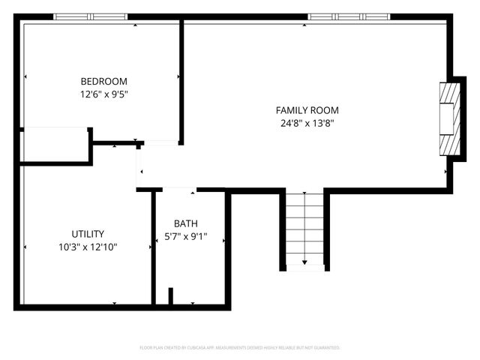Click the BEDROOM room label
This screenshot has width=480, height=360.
(103, 81)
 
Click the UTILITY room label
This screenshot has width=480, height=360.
(88, 233)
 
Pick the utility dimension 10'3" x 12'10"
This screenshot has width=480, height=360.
(88, 246)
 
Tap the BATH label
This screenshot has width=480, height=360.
(186, 223)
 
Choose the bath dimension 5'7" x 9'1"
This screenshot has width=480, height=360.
(186, 236)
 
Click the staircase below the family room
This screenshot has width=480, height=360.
(304, 225)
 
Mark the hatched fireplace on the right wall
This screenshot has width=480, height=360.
(448, 118)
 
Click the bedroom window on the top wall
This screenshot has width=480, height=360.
(90, 16)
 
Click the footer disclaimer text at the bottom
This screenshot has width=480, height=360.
(240, 348)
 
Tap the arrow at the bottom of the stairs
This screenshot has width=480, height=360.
(304, 262)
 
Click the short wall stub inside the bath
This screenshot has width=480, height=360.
(171, 295)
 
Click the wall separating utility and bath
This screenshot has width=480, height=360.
(154, 247)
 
